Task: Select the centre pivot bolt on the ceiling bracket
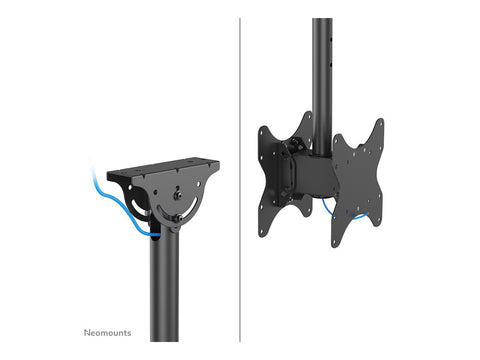pos(177,196)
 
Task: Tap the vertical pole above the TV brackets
pos(322,70)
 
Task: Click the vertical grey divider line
pos(240,180)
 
